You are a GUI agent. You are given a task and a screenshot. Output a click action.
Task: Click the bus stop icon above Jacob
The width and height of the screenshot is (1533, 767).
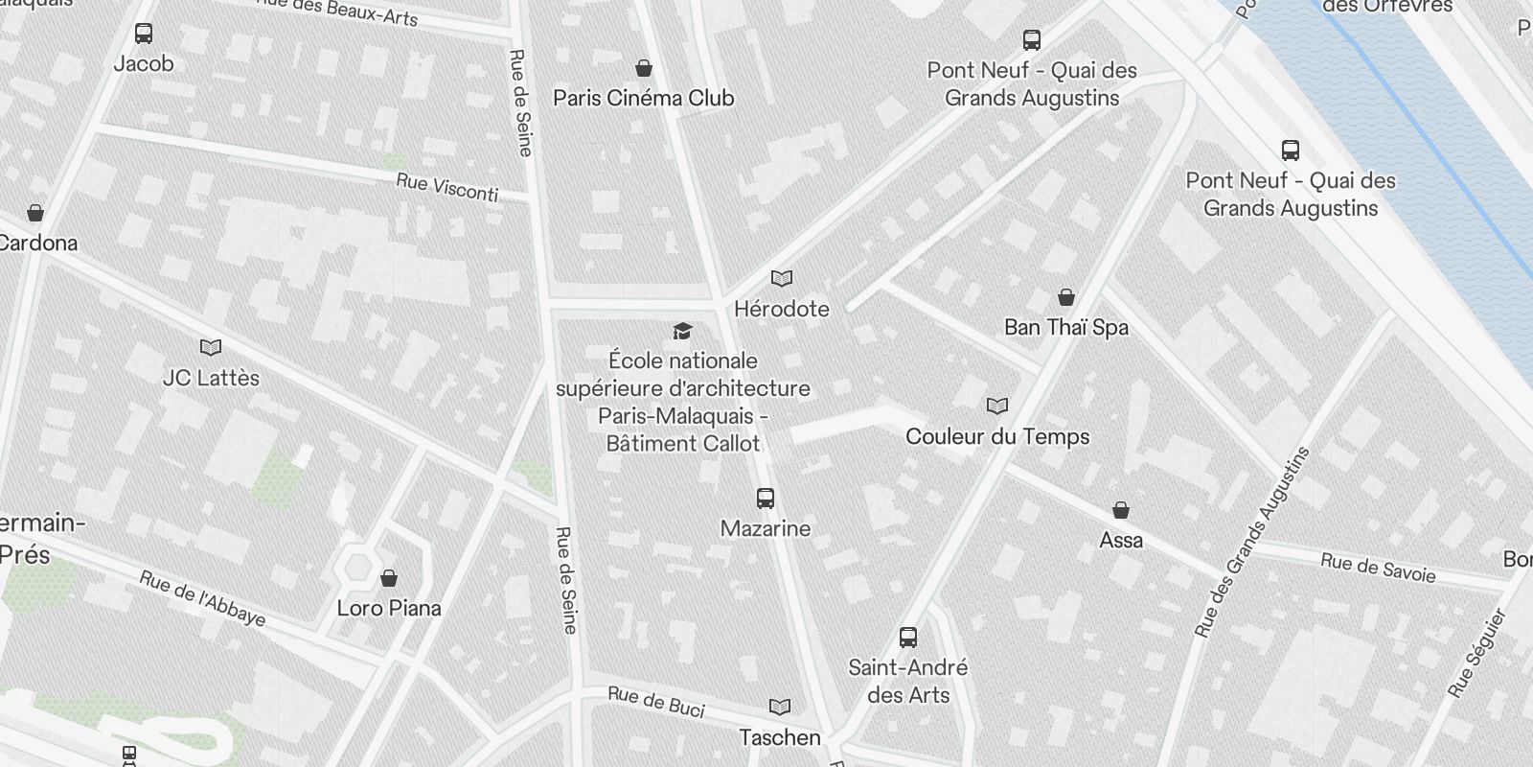tap(144, 35)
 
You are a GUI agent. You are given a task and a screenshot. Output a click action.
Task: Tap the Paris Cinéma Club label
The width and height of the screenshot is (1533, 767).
tap(644, 98)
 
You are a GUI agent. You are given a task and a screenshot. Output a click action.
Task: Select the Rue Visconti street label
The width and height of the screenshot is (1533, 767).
tap(447, 187)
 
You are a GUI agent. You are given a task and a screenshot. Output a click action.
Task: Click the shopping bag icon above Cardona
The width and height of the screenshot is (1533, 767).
tap(35, 213)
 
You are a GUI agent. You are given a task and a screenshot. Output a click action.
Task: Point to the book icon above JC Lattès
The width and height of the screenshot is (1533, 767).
tap(211, 348)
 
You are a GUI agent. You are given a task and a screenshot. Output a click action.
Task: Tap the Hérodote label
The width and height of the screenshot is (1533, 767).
tap(781, 309)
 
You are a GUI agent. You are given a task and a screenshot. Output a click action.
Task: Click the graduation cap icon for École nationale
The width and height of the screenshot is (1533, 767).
tap(682, 332)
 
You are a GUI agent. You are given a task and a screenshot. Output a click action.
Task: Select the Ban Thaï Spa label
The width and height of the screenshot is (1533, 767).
tap(1065, 327)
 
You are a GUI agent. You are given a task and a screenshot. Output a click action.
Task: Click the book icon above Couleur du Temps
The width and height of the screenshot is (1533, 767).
tap(997, 407)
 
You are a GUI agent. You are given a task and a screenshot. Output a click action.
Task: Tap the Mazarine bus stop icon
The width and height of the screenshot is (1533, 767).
tap(765, 499)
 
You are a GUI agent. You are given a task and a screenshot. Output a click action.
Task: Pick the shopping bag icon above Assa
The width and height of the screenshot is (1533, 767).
tap(1120, 510)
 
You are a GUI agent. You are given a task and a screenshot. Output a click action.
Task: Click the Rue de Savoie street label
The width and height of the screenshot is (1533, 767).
tap(1378, 568)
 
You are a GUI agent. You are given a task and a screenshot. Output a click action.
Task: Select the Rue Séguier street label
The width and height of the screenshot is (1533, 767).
tap(1477, 652)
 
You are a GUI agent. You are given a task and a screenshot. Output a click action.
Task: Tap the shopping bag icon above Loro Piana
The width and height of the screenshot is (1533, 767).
tap(389, 578)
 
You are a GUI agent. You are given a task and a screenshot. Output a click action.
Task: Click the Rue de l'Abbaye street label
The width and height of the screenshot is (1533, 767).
tap(202, 598)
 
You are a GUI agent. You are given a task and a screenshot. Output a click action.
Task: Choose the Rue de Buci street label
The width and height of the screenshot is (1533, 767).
tap(656, 702)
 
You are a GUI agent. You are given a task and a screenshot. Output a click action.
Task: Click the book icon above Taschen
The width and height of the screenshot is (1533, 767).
tap(780, 708)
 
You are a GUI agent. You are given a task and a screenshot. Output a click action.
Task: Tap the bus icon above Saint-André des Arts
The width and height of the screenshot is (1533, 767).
tap(908, 638)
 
